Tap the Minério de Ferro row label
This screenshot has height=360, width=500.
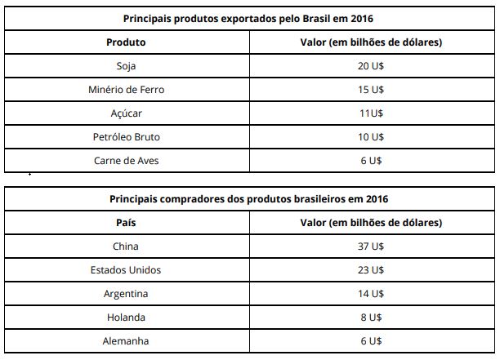(x=126, y=90)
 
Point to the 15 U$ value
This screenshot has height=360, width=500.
(x=372, y=90)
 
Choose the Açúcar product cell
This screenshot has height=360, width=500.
(x=126, y=113)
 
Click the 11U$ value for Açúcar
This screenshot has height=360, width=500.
(x=372, y=113)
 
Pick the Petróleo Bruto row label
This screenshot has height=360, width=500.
(x=126, y=137)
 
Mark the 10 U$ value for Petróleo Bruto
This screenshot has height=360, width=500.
(x=372, y=137)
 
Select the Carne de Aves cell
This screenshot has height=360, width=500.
(x=126, y=161)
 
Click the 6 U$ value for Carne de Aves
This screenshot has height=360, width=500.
(x=372, y=161)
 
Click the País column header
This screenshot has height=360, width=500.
(x=126, y=222)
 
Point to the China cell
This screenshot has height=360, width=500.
(x=126, y=246)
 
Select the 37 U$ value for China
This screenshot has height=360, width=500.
(x=372, y=246)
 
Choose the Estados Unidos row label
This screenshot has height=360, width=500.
(x=126, y=269)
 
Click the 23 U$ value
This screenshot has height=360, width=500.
(x=372, y=269)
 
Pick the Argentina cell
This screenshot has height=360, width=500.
(x=126, y=293)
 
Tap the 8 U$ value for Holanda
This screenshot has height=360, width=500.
(x=372, y=317)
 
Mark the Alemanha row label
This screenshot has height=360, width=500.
(x=126, y=340)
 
